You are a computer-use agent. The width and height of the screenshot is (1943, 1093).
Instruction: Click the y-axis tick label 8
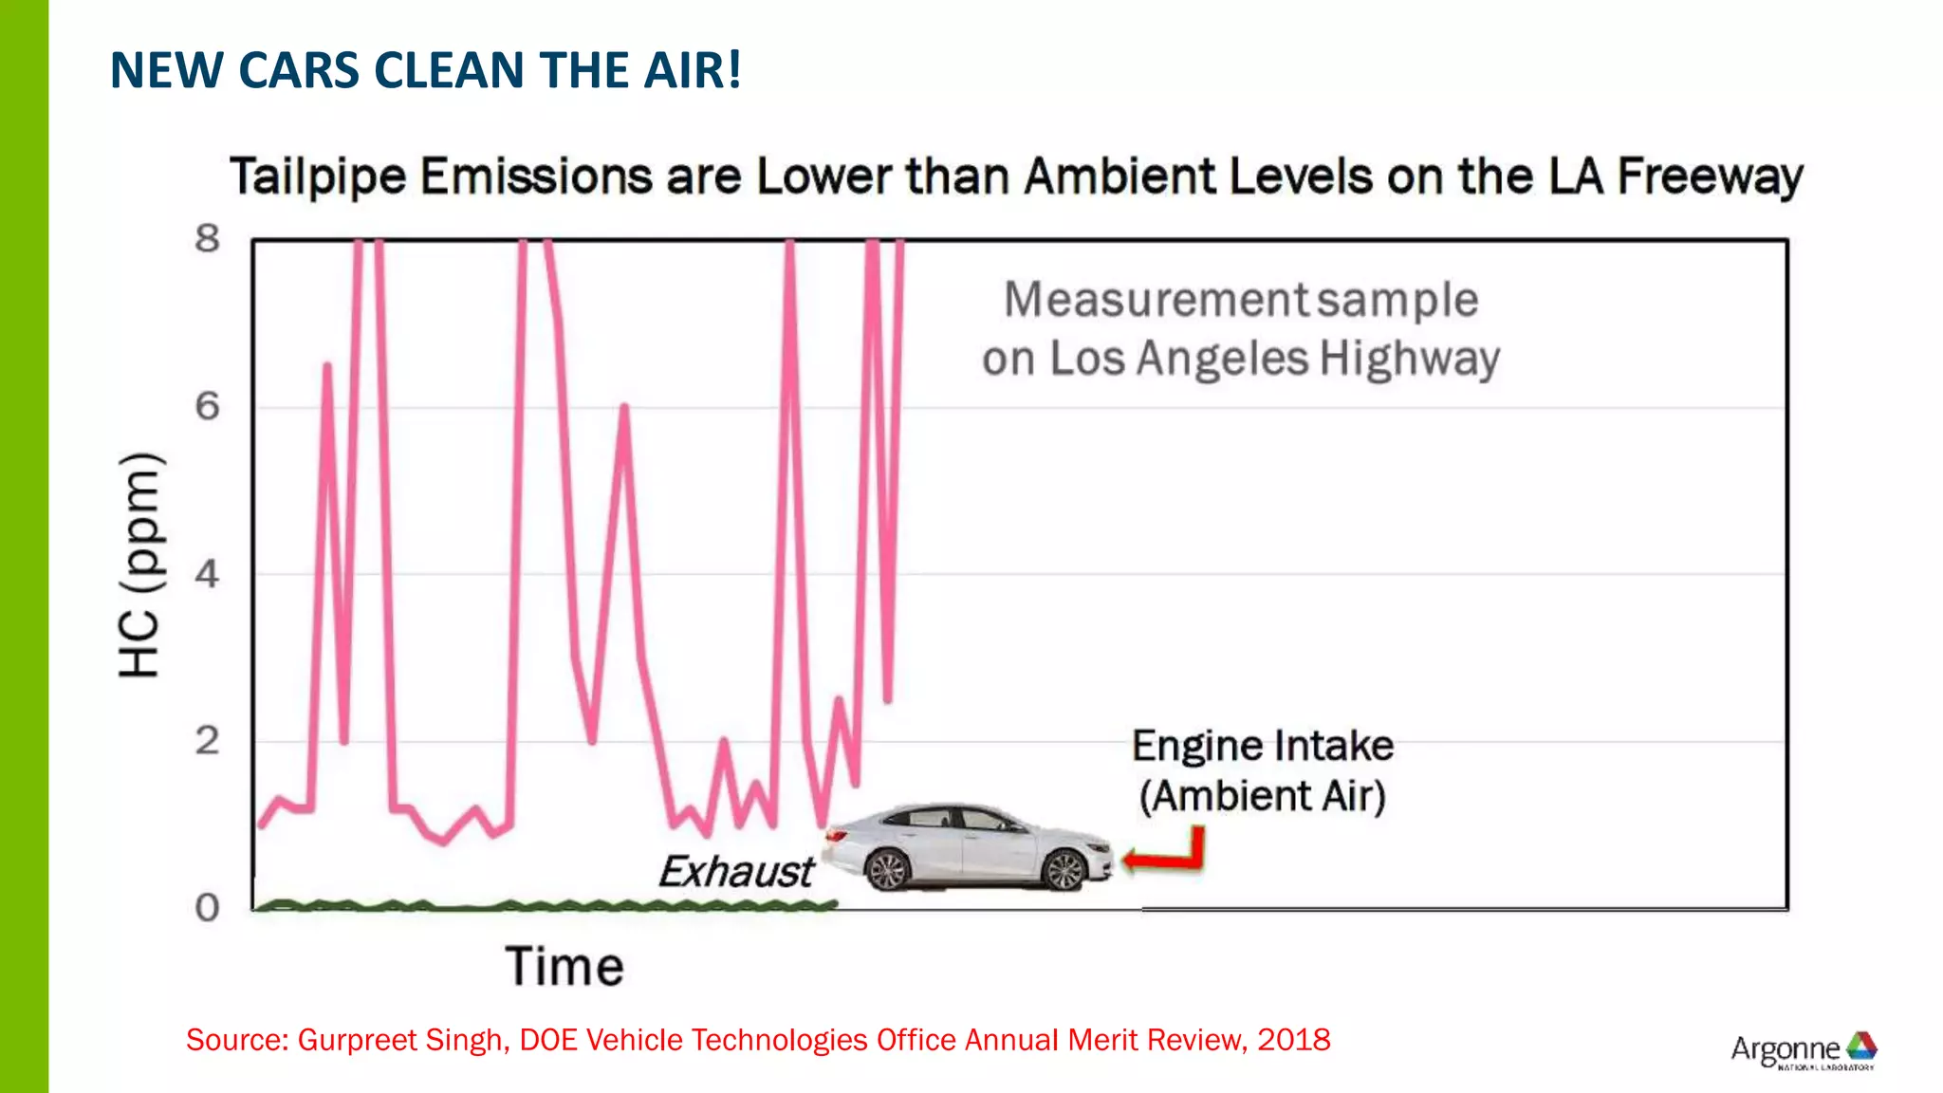tap(207, 239)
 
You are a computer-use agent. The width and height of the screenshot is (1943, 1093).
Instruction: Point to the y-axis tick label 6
tap(207, 407)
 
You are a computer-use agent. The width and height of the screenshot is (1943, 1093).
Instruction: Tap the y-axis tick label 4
tap(207, 574)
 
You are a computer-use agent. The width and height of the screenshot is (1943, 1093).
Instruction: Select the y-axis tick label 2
tap(207, 741)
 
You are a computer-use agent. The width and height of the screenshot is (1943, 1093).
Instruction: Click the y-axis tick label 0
tap(207, 908)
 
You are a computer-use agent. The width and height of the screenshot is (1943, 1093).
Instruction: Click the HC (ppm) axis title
tap(140, 565)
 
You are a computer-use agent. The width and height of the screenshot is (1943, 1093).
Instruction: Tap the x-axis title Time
tap(564, 967)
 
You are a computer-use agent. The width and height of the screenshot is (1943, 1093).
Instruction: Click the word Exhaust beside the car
tap(736, 872)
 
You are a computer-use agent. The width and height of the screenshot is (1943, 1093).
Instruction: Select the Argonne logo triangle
tap(1861, 1046)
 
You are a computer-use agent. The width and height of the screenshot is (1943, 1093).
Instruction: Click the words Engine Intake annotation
tap(1262, 746)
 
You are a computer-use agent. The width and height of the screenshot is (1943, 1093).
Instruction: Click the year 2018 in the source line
tap(1293, 1040)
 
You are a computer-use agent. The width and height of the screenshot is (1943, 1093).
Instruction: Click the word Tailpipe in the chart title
tap(318, 177)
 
